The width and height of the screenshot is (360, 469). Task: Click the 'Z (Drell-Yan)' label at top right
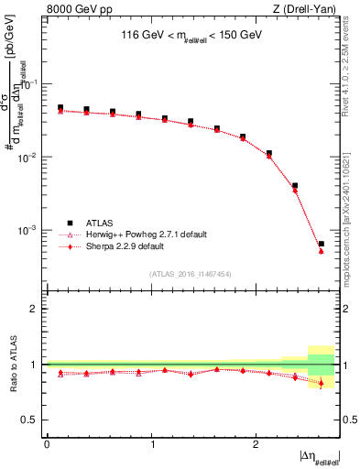303,8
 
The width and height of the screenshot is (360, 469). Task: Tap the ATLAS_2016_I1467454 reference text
190,274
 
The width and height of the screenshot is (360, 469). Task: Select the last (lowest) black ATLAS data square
321,244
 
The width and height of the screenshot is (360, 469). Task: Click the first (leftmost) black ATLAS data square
60,107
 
